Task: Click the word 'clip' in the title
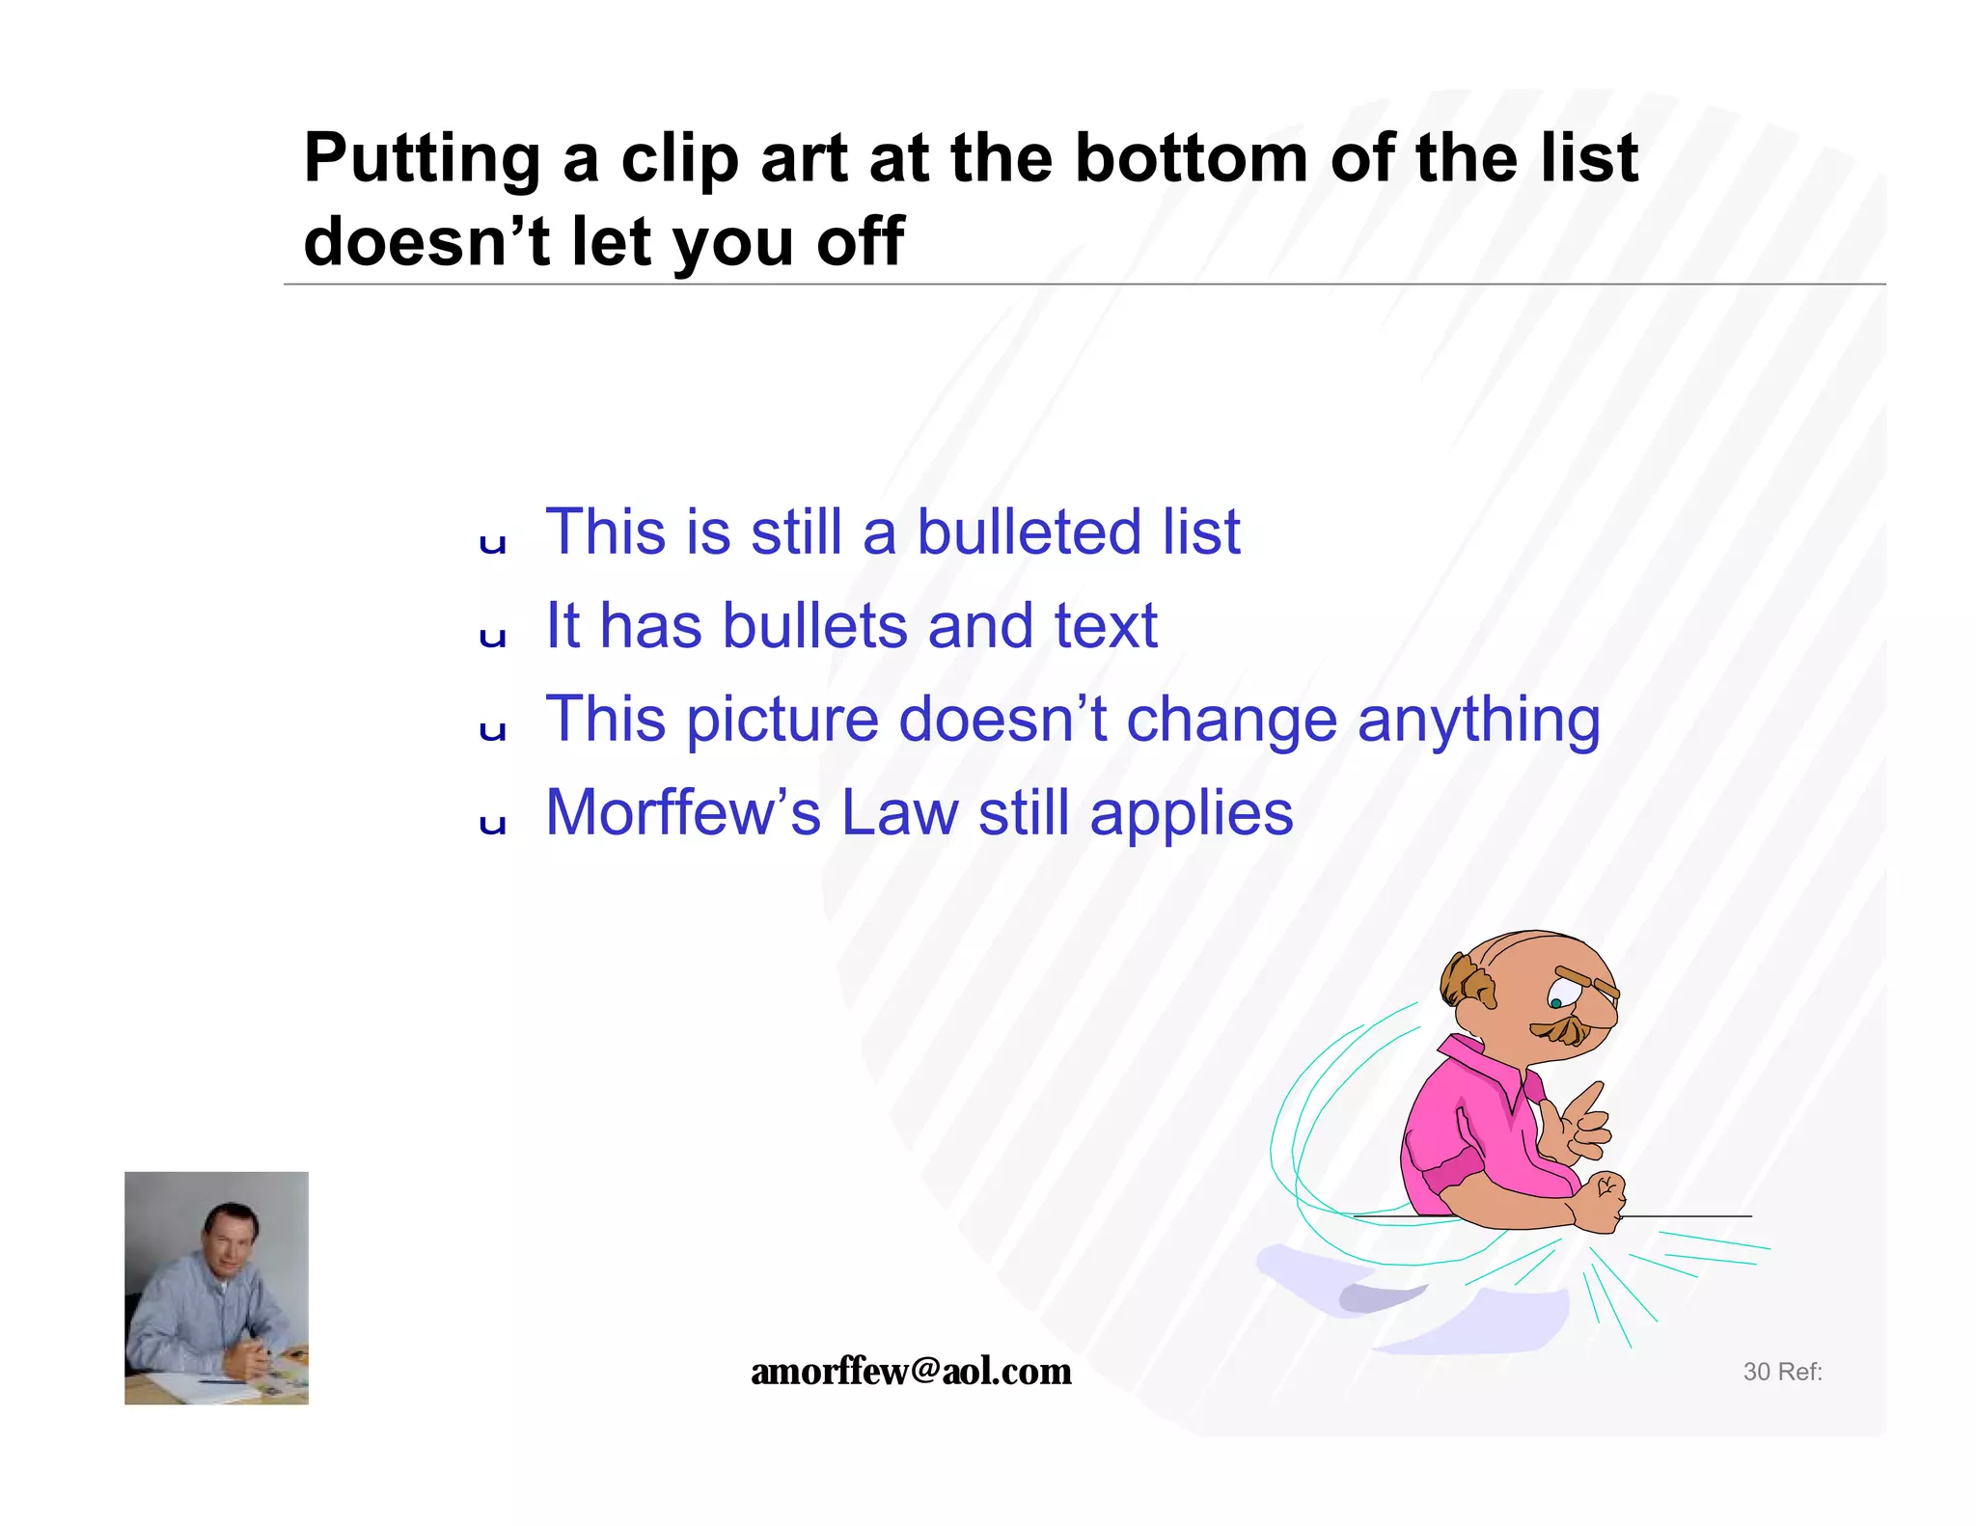click(680, 159)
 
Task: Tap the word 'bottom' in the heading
click(1192, 159)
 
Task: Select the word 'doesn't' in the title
click(425, 241)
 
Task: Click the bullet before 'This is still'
click(493, 543)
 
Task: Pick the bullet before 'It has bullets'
click(493, 637)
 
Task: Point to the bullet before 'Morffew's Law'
click(493, 824)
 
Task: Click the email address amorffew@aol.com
click(911, 1371)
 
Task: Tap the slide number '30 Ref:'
click(1782, 1372)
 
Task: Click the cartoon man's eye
click(1556, 1001)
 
